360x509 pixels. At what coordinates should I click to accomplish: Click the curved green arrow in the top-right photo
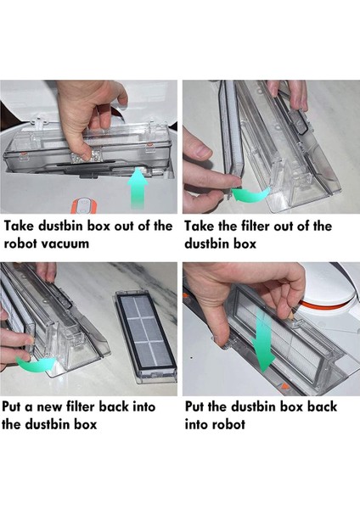(x=250, y=195)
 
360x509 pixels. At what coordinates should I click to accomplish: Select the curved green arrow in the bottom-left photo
(x=36, y=364)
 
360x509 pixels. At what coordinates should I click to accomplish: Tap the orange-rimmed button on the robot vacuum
(x=84, y=206)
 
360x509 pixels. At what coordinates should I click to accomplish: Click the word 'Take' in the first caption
(x=19, y=226)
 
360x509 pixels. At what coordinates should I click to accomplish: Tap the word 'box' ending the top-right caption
(x=245, y=243)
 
